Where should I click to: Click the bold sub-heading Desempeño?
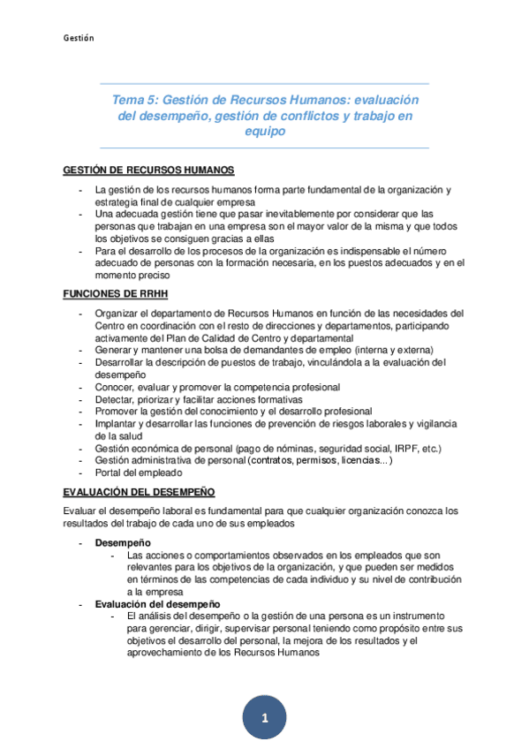click(x=123, y=541)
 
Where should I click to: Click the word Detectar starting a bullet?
click(x=114, y=399)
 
